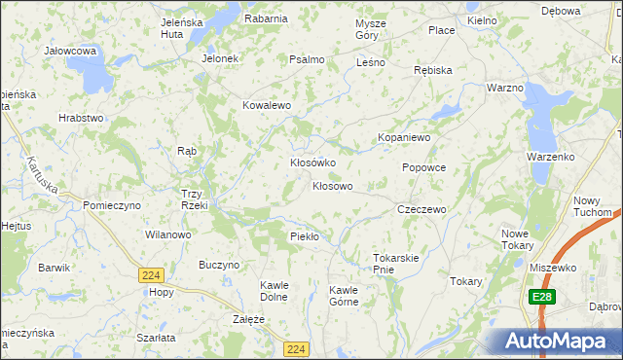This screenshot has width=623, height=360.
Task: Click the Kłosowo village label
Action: [x=332, y=185]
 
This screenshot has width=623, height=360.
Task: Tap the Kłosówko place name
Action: [x=312, y=162]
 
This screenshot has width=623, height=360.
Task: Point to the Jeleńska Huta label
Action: [x=188, y=26]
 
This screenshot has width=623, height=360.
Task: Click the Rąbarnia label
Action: [x=266, y=18]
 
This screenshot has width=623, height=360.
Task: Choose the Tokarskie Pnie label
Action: [x=395, y=264]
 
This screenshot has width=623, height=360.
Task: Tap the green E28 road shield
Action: [x=542, y=295]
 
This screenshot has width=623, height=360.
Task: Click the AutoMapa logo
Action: [x=552, y=342]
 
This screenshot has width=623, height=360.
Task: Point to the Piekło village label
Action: [x=305, y=236]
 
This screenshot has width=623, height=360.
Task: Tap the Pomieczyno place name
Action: [x=112, y=205]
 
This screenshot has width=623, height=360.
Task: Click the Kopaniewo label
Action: [x=404, y=138]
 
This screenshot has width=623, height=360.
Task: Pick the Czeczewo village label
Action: [x=421, y=209]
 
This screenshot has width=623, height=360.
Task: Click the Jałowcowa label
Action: [x=69, y=50]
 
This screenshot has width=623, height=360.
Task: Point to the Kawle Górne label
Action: [x=344, y=295]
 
